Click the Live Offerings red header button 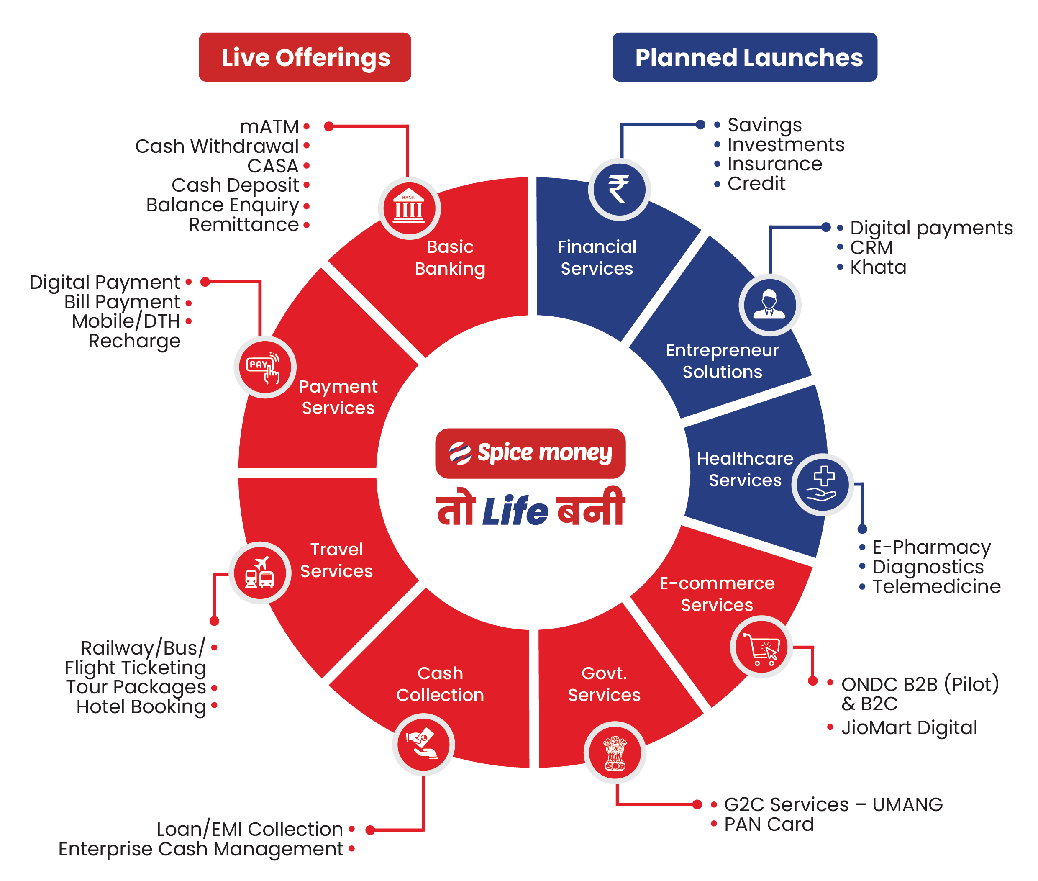305,57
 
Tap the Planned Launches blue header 744,57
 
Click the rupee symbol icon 619,190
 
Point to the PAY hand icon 264,367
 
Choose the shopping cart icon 761,648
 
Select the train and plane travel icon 260,573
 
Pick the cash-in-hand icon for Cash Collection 423,744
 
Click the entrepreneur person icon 769,305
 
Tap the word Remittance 243,225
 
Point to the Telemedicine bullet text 936,586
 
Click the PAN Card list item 769,824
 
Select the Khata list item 878,267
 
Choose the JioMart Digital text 909,728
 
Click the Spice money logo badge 530,453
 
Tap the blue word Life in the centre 515,511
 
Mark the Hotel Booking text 141,707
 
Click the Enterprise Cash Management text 201,849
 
